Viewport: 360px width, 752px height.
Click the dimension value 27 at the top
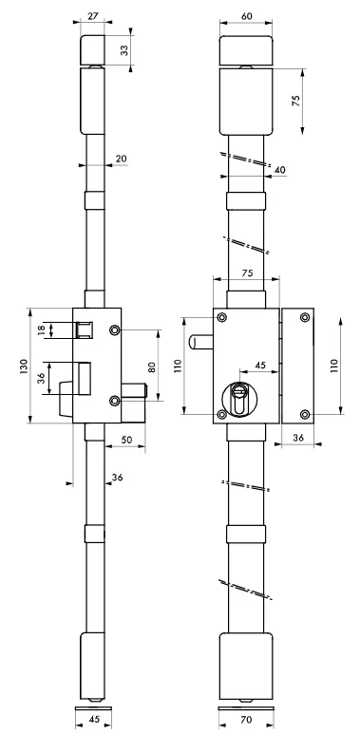coord(93,16)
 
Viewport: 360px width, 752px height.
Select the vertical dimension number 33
coord(123,50)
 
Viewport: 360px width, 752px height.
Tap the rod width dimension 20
coord(121,159)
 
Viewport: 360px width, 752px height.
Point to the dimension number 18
coord(41,330)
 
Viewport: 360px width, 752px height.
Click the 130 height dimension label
coord(24,367)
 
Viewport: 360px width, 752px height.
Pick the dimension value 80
coord(152,367)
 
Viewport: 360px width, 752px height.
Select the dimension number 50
coord(125,441)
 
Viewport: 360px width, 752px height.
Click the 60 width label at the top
coord(246,16)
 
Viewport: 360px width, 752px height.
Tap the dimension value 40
coord(280,169)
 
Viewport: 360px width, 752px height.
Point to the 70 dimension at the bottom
coord(246,720)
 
